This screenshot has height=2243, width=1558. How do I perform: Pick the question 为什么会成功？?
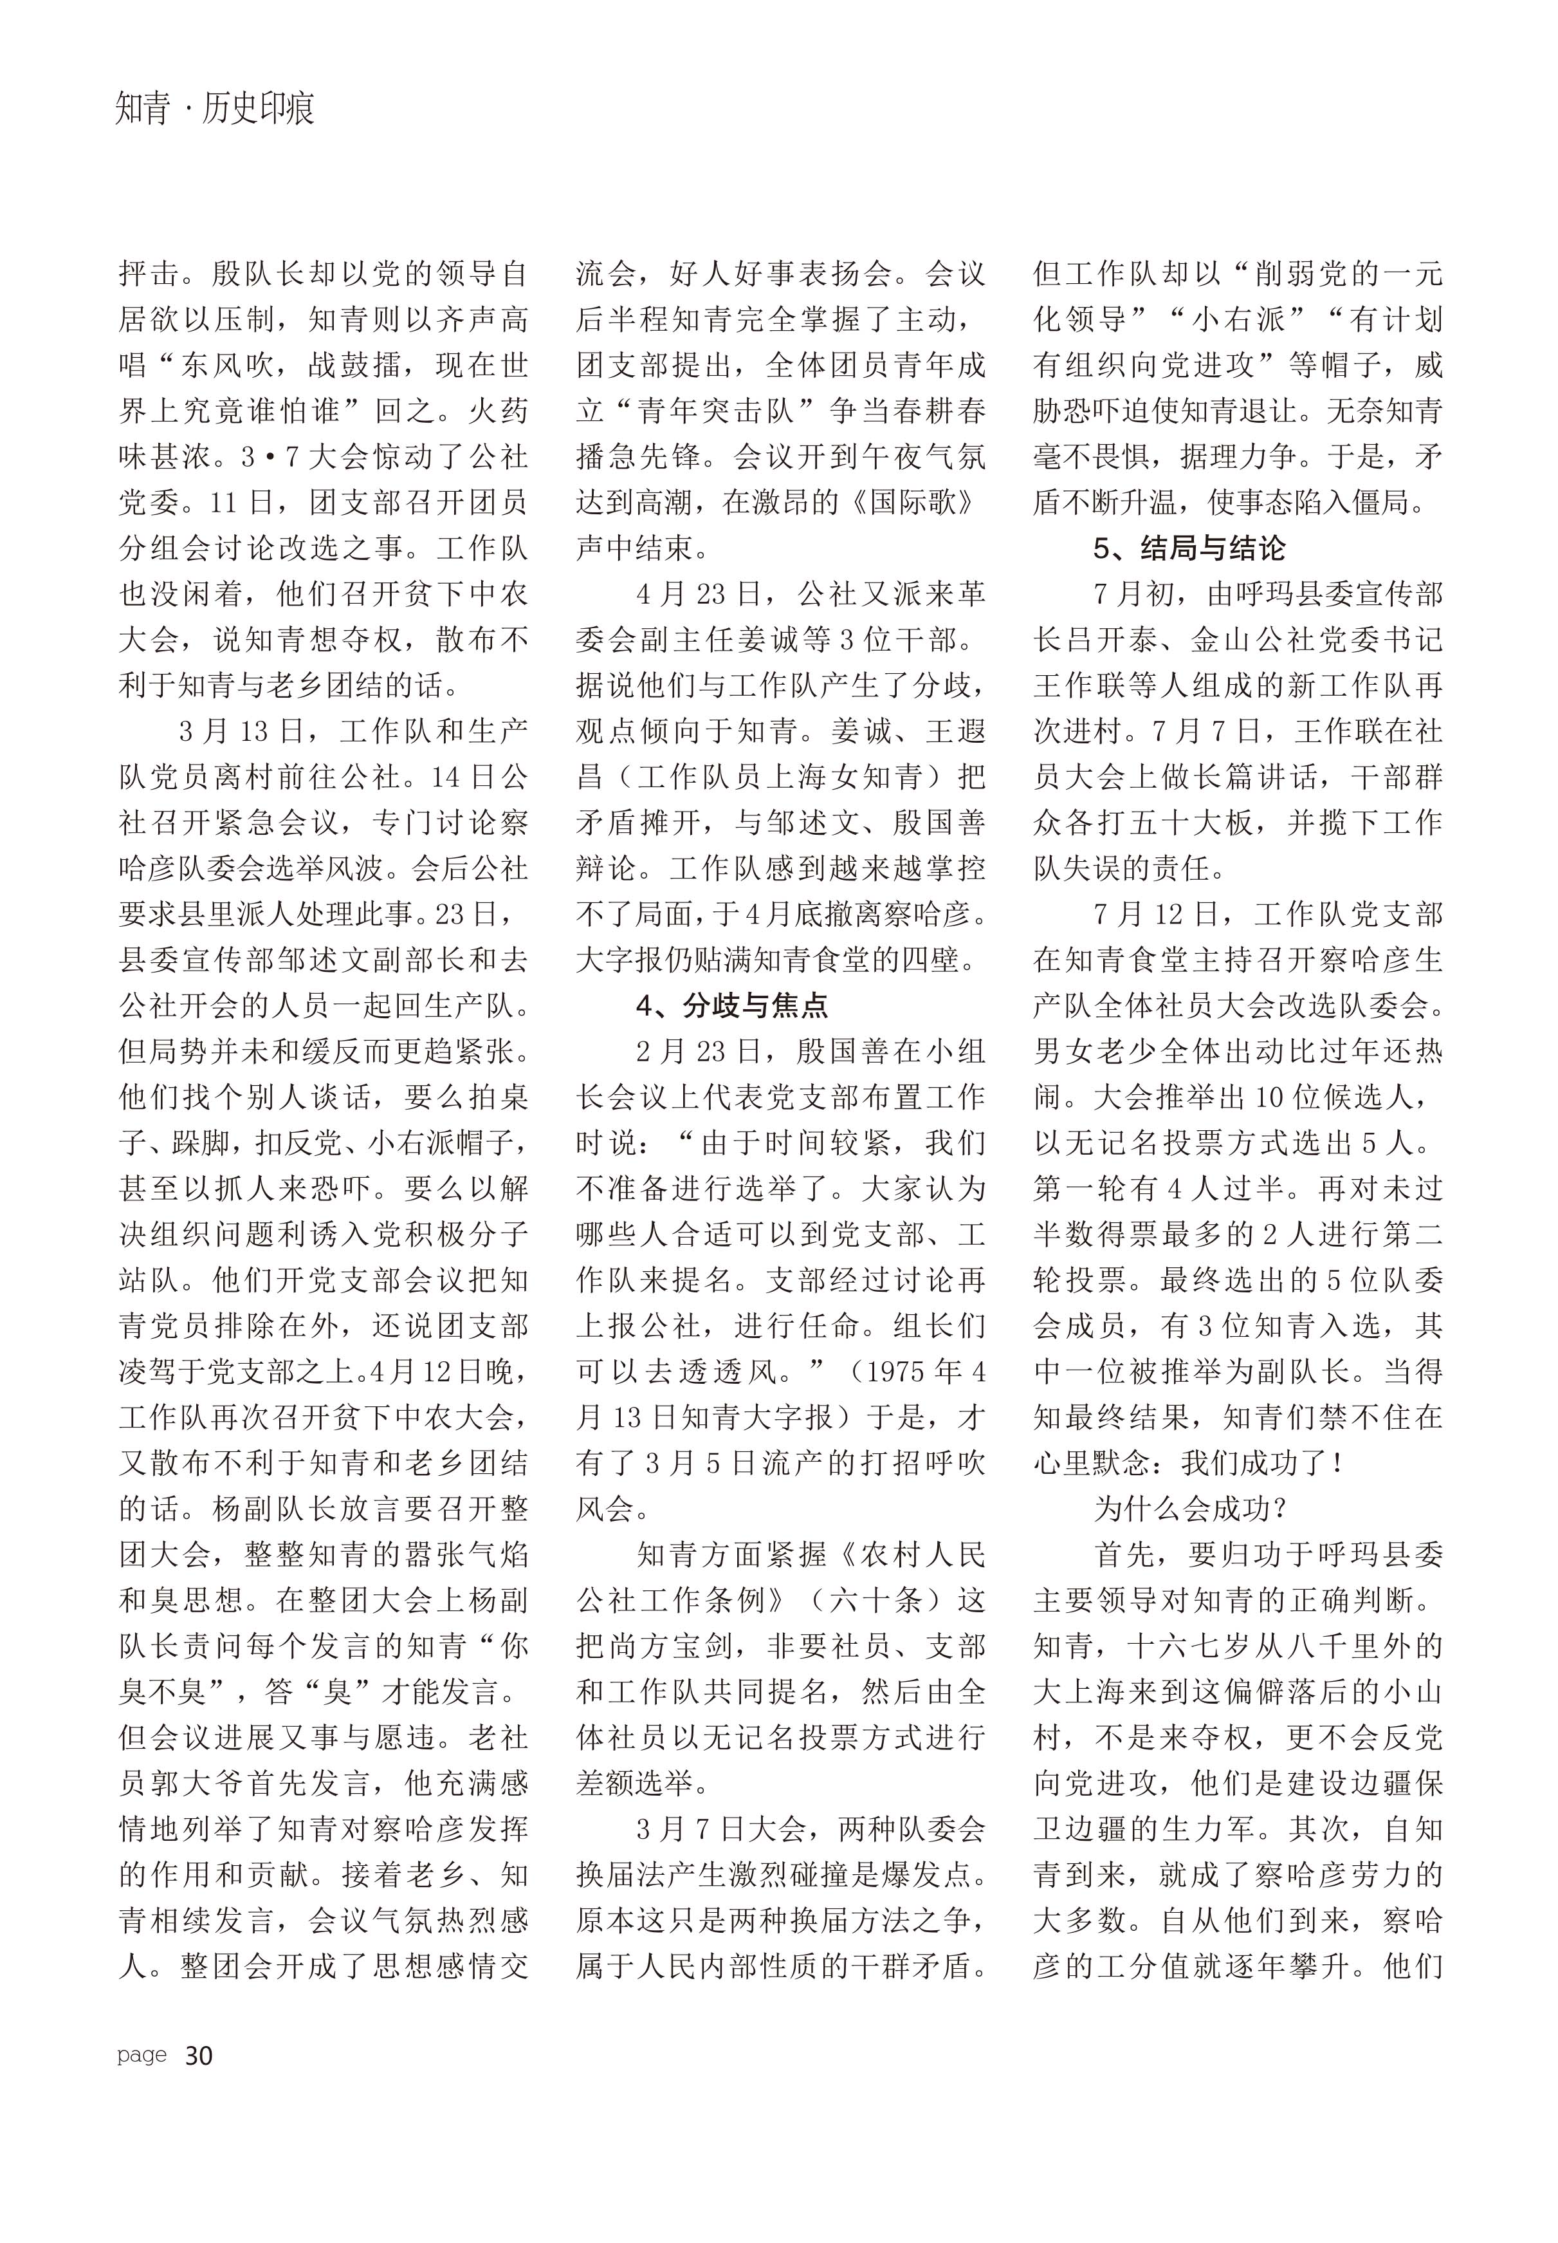tap(1191, 1510)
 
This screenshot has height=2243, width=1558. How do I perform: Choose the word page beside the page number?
tap(142, 2054)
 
